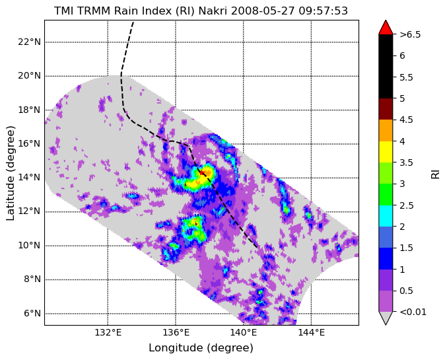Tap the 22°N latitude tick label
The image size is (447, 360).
[29, 42]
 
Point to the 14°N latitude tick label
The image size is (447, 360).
[29, 178]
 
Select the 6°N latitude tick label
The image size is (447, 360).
[32, 314]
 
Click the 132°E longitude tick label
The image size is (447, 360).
[108, 332]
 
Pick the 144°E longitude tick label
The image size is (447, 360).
[311, 332]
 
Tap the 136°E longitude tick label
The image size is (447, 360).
[176, 332]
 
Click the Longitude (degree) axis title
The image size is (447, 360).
[201, 348]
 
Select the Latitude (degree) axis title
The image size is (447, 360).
[11, 173]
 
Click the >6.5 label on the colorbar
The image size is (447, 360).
[410, 34]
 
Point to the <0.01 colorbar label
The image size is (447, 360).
[413, 312]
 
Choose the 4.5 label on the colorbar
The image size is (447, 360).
[406, 120]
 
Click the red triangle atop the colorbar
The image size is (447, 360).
[386, 27]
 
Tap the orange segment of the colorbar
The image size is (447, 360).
[386, 130]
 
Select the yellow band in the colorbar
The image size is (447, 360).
[386, 152]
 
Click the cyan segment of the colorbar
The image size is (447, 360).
[386, 216]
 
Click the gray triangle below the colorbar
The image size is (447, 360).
[386, 318]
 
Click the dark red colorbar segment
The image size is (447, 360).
[386, 109]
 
